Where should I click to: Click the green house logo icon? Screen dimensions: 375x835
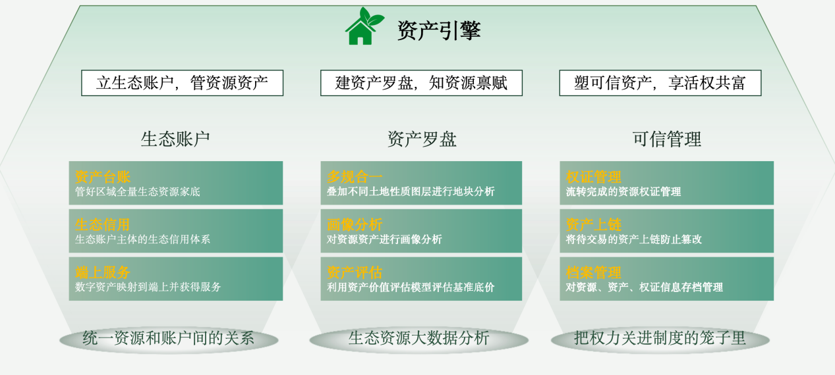(363, 27)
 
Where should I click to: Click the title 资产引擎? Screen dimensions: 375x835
(438, 30)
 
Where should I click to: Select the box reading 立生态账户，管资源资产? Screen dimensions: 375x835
(182, 83)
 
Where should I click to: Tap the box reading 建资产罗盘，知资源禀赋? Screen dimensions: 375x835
(421, 83)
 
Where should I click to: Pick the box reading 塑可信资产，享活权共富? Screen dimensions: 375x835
(660, 83)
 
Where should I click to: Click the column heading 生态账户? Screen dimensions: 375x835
(175, 139)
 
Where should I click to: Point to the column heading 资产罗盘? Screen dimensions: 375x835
(422, 139)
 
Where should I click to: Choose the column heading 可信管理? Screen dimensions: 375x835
(666, 139)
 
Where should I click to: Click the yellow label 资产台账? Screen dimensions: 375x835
(103, 176)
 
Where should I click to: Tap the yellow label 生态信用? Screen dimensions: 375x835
(103, 224)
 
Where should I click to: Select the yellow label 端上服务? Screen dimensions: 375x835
(103, 272)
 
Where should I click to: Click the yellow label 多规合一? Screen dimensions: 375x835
(355, 176)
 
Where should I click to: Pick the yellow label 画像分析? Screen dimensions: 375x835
(355, 224)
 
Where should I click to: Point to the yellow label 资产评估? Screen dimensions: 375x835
(355, 272)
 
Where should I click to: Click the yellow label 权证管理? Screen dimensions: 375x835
(594, 176)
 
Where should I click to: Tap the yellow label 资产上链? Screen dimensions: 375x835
(594, 224)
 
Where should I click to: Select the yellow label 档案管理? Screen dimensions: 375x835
(594, 272)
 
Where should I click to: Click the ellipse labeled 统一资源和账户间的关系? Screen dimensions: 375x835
(169, 339)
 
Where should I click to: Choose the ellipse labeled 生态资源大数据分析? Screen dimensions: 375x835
(418, 339)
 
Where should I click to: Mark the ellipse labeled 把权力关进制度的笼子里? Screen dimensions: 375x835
(660, 339)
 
